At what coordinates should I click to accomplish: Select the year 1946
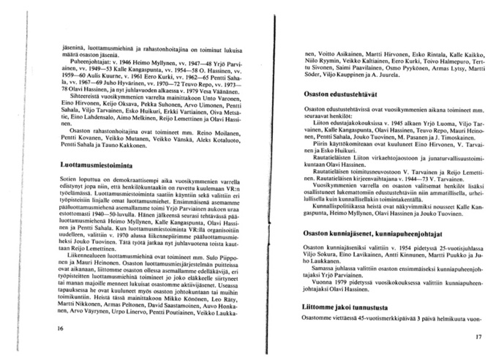pyautogui.click(x=110, y=64)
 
